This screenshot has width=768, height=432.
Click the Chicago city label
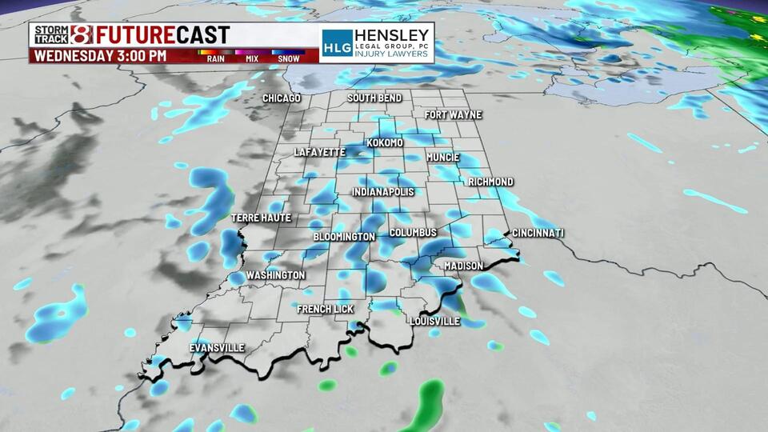click(282, 98)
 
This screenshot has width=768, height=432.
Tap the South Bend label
click(374, 98)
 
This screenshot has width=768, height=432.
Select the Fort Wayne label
click(453, 115)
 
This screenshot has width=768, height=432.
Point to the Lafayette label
click(319, 152)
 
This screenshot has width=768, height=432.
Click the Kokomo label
click(385, 143)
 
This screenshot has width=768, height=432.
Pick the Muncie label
click(443, 157)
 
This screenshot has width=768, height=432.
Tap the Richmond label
click(490, 182)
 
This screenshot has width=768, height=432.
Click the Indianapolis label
click(383, 193)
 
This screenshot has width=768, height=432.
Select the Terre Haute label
click(261, 218)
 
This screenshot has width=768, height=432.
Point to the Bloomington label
click(344, 238)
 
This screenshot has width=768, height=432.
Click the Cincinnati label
click(538, 233)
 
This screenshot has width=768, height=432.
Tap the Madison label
click(464, 266)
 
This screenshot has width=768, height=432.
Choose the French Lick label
click(324, 309)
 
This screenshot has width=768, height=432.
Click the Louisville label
click(434, 321)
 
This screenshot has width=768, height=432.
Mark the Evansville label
click(217, 348)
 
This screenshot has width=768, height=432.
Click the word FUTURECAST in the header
click(163, 35)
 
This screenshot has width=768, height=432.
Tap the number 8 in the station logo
click(82, 34)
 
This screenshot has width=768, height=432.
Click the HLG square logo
click(337, 43)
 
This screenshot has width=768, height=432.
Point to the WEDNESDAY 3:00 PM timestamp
click(99, 56)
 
